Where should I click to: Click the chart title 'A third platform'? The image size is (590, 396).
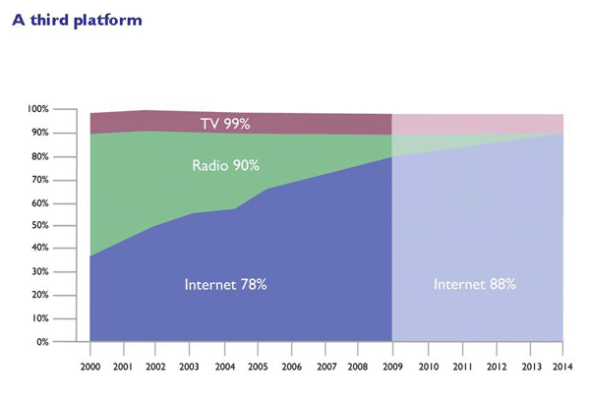pos(77,20)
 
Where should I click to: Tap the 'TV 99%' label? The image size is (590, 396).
pos(225,124)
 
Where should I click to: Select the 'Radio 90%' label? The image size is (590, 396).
pos(225,165)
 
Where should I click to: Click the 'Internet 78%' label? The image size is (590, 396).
pos(225,284)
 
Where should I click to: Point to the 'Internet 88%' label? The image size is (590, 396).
pos(475,284)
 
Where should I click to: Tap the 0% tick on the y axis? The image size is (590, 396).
pos(69,342)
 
